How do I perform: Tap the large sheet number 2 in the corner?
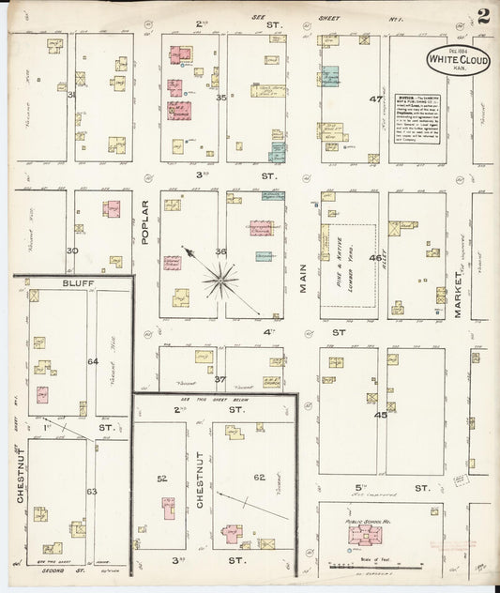(x=483, y=16)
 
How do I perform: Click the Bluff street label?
(x=72, y=282)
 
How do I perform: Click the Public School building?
(x=363, y=534)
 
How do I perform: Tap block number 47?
(x=375, y=99)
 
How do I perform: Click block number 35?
(x=221, y=97)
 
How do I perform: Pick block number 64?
(x=92, y=360)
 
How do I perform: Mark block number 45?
(x=380, y=414)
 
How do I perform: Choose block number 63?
(x=91, y=491)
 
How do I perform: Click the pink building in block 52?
(x=168, y=509)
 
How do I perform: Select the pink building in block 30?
(x=111, y=208)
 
